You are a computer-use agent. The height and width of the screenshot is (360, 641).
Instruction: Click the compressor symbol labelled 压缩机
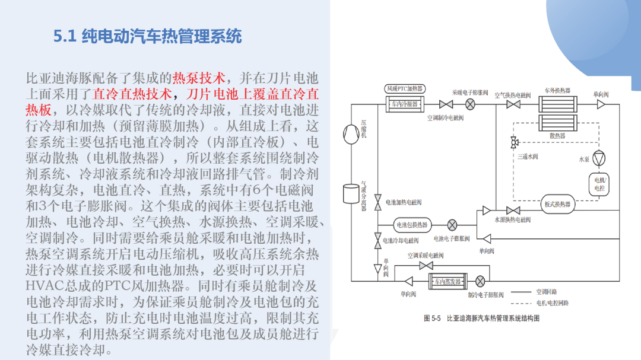click(351, 134)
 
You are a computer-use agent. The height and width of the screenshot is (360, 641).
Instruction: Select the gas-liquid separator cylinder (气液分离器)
click(351, 193)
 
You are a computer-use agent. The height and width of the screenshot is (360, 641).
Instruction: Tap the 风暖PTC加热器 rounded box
click(405, 89)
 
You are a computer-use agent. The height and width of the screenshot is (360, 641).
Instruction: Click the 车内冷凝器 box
click(405, 104)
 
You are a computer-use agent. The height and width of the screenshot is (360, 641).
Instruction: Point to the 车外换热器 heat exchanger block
click(557, 104)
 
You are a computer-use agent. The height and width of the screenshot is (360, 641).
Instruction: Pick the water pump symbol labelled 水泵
click(599, 158)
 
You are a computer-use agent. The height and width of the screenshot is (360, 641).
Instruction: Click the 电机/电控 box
click(599, 184)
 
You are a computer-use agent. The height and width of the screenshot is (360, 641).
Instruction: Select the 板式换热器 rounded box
click(557, 204)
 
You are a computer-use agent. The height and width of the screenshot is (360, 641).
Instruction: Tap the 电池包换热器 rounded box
click(412, 225)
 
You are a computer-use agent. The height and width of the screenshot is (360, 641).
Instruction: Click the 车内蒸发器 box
click(448, 281)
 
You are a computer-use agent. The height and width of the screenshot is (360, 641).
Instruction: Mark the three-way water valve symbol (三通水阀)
click(514, 142)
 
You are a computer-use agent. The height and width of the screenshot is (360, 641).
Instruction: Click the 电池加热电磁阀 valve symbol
click(377, 202)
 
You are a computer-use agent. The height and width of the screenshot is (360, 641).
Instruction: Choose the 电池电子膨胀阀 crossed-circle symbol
click(452, 225)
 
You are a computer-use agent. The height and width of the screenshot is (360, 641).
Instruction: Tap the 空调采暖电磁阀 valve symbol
click(426, 266)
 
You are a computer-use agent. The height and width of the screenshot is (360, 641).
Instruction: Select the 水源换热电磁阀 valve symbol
click(513, 211)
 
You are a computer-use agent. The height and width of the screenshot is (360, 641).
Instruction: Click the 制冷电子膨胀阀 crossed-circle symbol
click(480, 281)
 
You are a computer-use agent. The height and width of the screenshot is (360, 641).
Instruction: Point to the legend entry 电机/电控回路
click(540, 303)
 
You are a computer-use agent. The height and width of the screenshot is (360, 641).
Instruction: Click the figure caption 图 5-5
click(432, 318)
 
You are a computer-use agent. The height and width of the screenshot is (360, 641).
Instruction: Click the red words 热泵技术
click(199, 78)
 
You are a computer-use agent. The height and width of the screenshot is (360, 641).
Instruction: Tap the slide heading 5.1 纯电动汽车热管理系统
click(148, 36)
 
